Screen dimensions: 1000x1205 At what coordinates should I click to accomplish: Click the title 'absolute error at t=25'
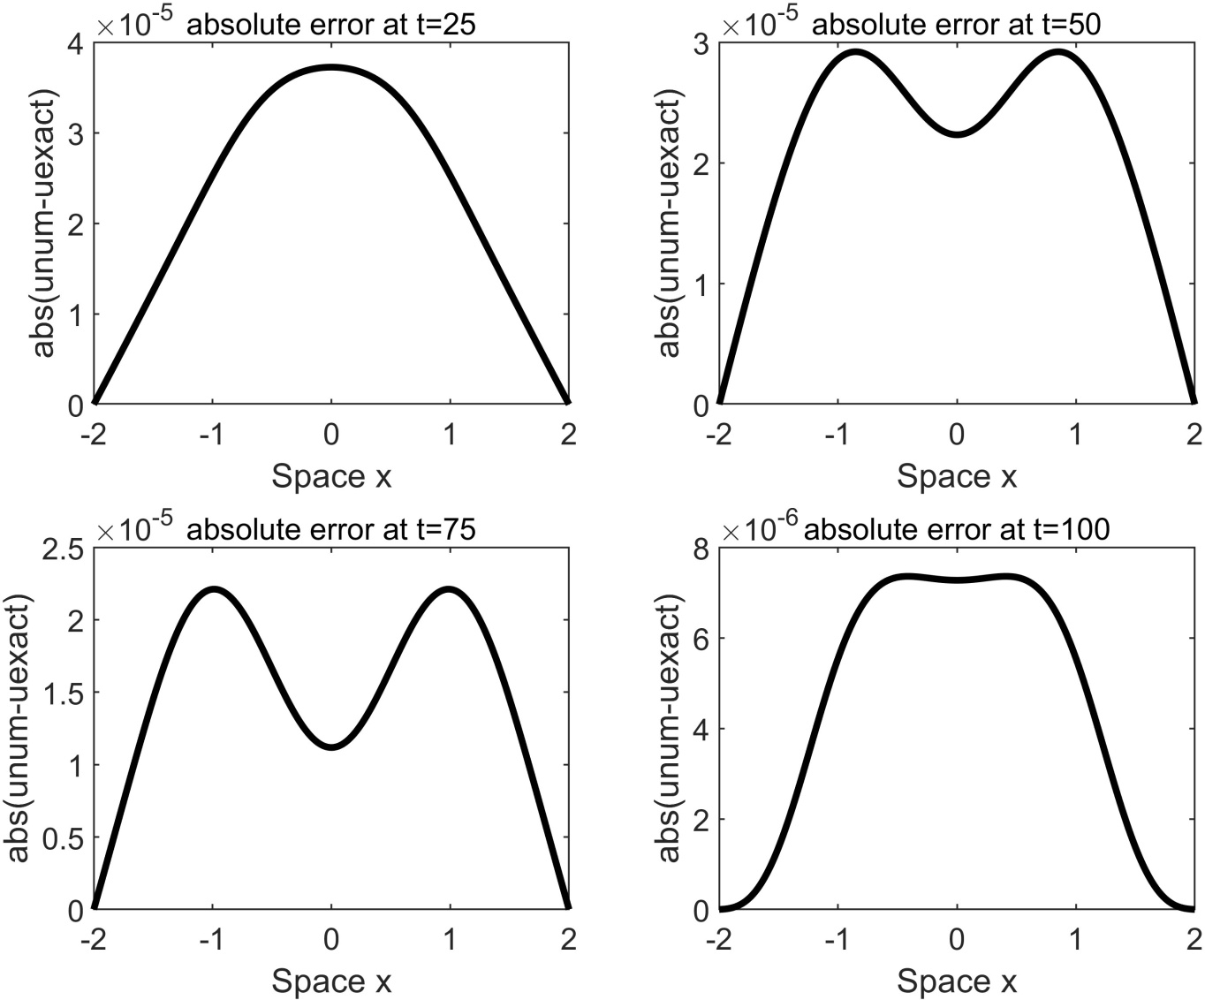pyautogui.click(x=331, y=24)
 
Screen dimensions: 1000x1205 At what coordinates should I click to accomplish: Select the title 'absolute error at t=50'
pyautogui.click(x=956, y=24)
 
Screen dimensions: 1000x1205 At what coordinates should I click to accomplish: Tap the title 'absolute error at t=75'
pyautogui.click(x=331, y=529)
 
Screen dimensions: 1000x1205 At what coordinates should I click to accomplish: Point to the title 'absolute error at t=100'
pyautogui.click(x=958, y=529)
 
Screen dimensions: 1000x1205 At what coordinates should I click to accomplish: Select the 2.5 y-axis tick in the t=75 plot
pyautogui.click(x=59, y=549)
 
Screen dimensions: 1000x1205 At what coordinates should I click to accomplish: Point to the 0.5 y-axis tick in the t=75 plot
pyautogui.click(x=59, y=838)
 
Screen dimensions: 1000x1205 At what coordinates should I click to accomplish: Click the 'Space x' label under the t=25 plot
pyautogui.click(x=331, y=477)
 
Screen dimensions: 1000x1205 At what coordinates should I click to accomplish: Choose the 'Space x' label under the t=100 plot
pyautogui.click(x=957, y=981)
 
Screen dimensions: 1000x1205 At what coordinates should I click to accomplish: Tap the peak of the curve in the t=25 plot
pyautogui.click(x=331, y=67)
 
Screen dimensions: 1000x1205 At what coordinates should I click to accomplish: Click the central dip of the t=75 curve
pyautogui.click(x=331, y=746)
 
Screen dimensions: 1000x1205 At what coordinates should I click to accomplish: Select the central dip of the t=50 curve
pyautogui.click(x=957, y=134)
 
